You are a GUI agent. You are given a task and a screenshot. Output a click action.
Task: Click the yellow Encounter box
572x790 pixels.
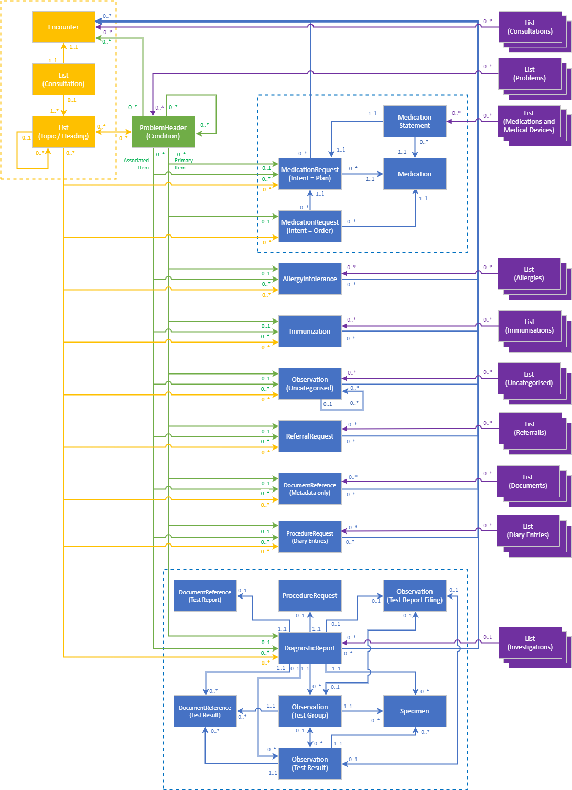tap(63, 27)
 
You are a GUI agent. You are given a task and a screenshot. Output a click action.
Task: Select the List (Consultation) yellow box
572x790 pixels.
tap(63, 80)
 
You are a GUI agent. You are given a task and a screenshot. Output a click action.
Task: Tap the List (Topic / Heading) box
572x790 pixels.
tap(63, 132)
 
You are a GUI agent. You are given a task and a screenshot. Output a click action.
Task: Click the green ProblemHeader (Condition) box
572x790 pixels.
tap(163, 132)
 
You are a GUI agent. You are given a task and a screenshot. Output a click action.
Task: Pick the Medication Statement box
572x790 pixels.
tap(415, 122)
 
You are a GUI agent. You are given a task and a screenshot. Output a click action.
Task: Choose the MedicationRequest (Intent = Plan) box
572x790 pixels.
tap(310, 174)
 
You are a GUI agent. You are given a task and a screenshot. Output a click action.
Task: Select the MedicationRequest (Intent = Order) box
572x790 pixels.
tap(310, 227)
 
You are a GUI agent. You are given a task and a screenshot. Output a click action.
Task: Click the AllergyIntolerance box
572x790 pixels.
tap(310, 279)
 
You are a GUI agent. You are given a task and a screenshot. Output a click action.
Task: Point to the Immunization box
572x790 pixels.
tap(310, 332)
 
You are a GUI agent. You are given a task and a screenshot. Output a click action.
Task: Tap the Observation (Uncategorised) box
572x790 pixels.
tap(310, 384)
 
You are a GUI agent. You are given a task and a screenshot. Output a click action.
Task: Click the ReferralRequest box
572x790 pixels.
tap(310, 436)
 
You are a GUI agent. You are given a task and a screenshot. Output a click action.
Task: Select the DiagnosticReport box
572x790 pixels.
tap(310, 648)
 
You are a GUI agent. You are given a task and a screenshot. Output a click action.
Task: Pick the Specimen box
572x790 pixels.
tap(415, 711)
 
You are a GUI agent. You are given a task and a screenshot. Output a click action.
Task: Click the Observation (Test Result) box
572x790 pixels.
tap(310, 764)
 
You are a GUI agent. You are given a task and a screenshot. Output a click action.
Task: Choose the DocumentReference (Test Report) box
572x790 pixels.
tap(205, 596)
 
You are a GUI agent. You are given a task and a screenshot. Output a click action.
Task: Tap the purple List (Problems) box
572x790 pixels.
tap(530, 74)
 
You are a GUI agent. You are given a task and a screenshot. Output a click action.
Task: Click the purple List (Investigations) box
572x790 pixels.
tap(530, 643)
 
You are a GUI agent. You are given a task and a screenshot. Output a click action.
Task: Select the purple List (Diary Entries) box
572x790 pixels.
tap(528, 531)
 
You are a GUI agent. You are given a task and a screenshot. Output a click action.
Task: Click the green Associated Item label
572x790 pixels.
tap(136, 164)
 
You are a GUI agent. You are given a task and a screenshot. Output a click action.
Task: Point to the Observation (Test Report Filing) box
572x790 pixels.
tap(415, 596)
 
